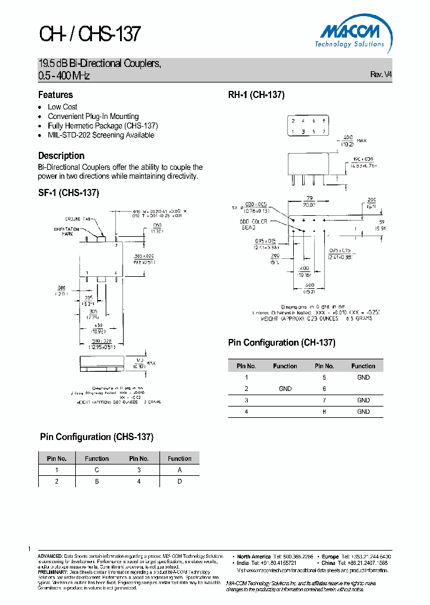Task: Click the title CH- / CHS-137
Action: tap(90, 34)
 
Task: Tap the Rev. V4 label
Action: tap(381, 75)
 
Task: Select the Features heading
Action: tap(56, 95)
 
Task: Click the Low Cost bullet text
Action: tap(63, 107)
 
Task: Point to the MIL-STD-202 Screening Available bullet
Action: tap(101, 135)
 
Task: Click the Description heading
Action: tap(61, 156)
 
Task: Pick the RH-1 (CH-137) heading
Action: tap(256, 95)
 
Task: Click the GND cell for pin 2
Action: tap(285, 389)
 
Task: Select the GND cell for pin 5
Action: tap(363, 377)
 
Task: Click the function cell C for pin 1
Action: tap(96, 470)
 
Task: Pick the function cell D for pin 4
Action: tap(179, 481)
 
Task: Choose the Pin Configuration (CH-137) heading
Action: tap(281, 343)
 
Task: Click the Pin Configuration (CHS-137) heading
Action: tap(97, 437)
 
